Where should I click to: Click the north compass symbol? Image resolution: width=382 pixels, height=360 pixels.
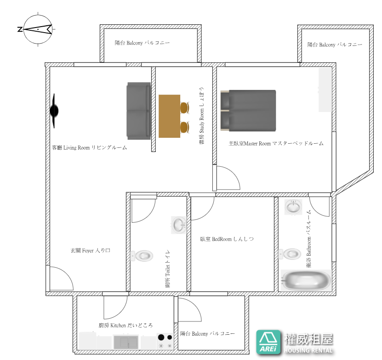point(38,29)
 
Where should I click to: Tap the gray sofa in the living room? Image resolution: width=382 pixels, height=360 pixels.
point(139,111)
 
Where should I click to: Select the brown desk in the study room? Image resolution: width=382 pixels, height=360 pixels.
point(169,116)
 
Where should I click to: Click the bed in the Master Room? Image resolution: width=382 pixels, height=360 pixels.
point(248,111)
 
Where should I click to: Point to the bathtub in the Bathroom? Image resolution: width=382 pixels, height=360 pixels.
point(306,280)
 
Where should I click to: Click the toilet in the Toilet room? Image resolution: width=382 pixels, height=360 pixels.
point(142,256)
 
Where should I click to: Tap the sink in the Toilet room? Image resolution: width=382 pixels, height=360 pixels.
point(179,225)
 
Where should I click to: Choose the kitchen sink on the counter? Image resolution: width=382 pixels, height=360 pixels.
point(126,342)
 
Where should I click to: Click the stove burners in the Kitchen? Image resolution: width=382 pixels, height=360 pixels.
point(165,341)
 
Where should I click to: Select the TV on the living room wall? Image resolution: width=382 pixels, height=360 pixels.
point(54,111)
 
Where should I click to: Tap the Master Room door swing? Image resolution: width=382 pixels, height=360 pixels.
point(228,178)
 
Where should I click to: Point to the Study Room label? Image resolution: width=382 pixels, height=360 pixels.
point(202,116)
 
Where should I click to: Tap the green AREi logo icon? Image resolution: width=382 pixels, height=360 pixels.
point(269,342)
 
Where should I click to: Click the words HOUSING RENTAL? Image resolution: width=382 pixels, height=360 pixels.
point(308,350)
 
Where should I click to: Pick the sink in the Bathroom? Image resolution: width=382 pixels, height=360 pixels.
point(293,207)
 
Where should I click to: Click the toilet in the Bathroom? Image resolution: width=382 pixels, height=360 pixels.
point(290,254)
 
